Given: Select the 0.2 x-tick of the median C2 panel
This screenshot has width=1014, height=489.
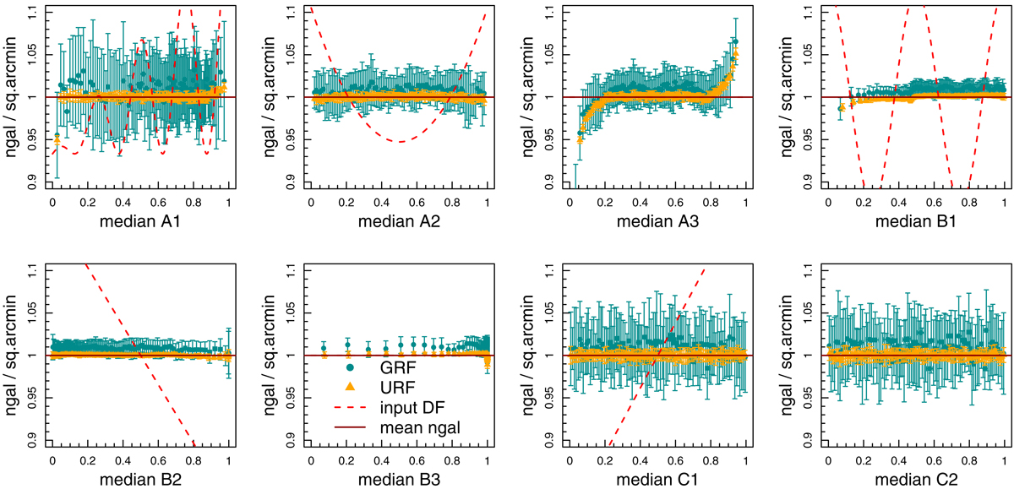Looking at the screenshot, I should click(863, 461).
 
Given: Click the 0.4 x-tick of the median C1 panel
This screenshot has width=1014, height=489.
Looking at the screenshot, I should click(640, 461).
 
